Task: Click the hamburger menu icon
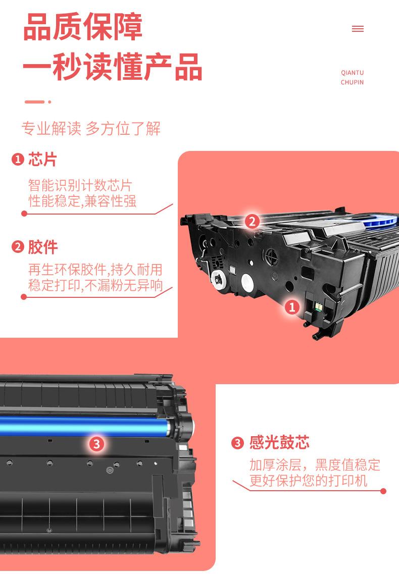[358, 29]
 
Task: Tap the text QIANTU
[352, 73]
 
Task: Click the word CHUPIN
[352, 82]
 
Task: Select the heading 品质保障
[83, 27]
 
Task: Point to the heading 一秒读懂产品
[113, 66]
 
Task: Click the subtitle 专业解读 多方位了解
[91, 129]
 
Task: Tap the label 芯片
[42, 160]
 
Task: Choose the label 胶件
[43, 247]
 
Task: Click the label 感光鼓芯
[279, 443]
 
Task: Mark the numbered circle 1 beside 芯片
[18, 160]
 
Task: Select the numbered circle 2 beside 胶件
[18, 247]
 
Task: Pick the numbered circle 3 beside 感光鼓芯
[237, 443]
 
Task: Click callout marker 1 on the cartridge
[292, 307]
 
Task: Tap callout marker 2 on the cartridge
[252, 221]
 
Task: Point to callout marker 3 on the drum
[97, 444]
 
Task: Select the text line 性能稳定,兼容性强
[82, 201]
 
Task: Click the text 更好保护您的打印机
[309, 481]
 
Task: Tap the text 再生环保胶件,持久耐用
[95, 270]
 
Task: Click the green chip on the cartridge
[318, 305]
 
